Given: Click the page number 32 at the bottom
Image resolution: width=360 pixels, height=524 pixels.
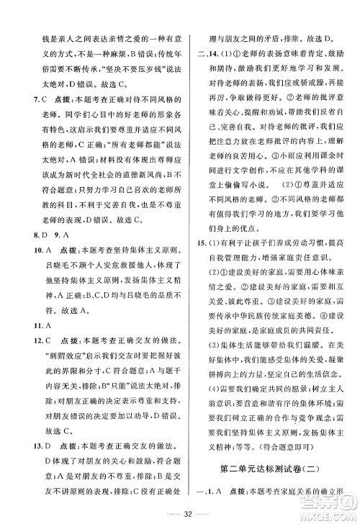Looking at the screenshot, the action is [179, 513].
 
